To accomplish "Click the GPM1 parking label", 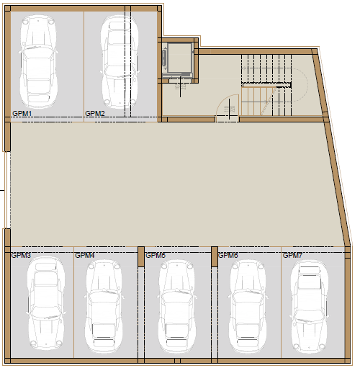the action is click(22, 113).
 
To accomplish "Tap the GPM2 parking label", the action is click(95, 113).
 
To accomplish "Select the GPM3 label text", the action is click(21, 255).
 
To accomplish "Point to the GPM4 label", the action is click(85, 255).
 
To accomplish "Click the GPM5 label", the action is click(156, 255).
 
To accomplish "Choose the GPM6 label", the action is click(228, 255).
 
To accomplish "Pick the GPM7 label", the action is click(292, 255).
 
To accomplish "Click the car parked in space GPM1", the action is click(38, 62).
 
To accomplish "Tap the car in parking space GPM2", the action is click(120, 62).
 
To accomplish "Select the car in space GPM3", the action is click(45, 304).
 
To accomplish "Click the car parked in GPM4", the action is click(104, 306).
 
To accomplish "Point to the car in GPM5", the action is click(176, 306).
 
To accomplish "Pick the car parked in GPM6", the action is click(248, 306).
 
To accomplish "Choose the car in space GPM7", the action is click(309, 307).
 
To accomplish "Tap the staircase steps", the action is click(266, 85).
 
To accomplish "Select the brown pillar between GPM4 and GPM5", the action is click(141, 256).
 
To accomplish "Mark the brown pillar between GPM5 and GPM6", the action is click(215, 256).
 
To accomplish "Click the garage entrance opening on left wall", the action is click(7, 190).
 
